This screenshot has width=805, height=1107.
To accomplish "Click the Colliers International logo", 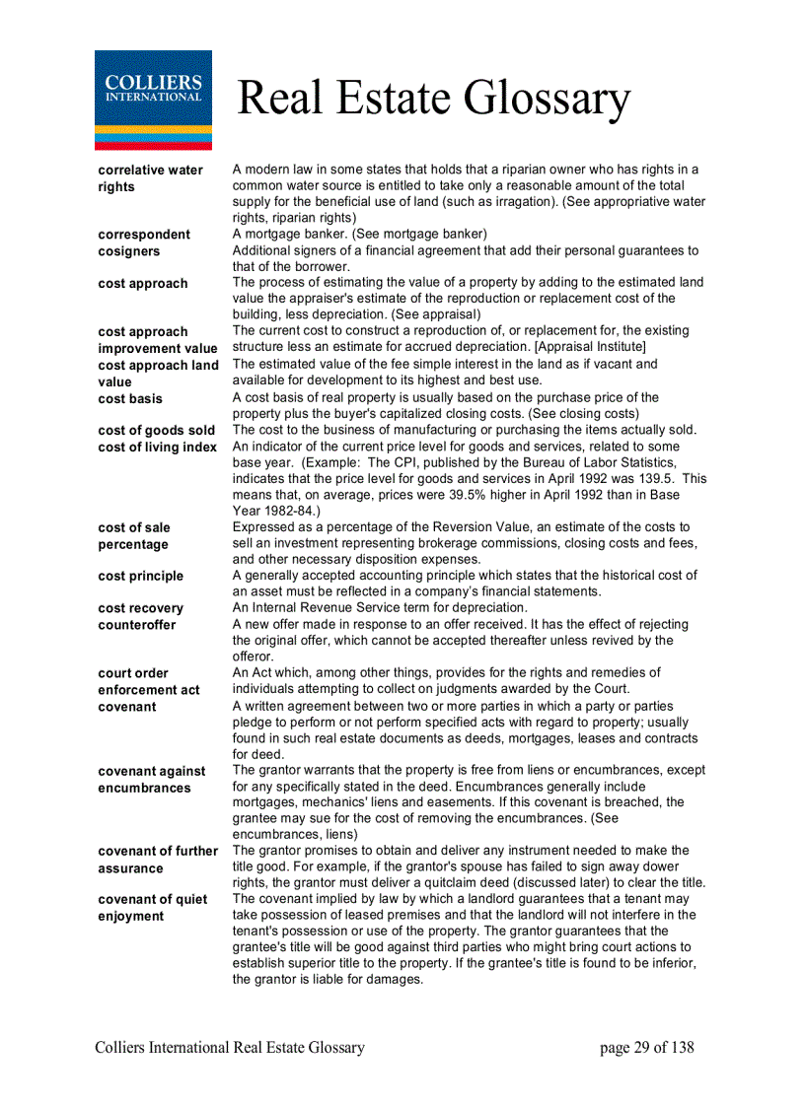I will coord(153,100).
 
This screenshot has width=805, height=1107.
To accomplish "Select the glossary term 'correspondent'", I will coord(144,235).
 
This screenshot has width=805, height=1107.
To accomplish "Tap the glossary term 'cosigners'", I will coord(128,251).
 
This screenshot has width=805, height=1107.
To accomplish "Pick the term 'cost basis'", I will coord(130,398).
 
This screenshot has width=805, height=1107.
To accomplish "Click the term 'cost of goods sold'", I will coord(156,431).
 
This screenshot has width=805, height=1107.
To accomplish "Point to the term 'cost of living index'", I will coord(157,448).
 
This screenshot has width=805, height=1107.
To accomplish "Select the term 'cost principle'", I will coord(140,576).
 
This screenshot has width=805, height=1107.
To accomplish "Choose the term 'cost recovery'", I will coord(140,608).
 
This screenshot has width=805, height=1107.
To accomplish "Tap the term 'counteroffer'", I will coord(138,625).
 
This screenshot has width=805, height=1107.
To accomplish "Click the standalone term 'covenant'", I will coord(126,707).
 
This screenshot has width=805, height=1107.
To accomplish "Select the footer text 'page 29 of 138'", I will coord(646,1048).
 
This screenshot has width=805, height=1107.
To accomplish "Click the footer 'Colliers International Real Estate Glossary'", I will coord(230,1048).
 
